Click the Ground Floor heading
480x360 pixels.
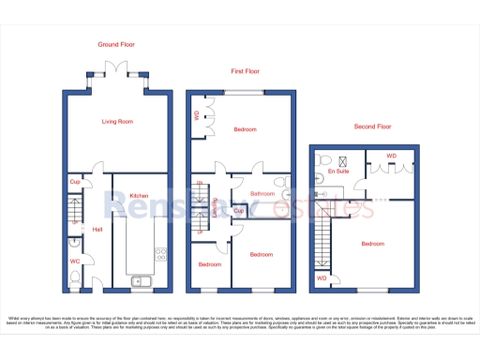tap(117, 44)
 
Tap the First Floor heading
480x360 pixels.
tap(246, 70)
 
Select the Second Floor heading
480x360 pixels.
tap(373, 127)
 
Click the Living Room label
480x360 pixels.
tap(117, 121)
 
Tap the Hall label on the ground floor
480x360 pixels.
tap(97, 228)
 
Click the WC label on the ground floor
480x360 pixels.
tap(74, 262)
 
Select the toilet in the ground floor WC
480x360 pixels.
tap(75, 277)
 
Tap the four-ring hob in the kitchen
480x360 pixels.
tap(160, 252)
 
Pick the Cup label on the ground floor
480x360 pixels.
tap(74, 182)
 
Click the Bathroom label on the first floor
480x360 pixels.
tap(262, 193)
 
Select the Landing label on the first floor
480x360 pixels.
tap(216, 208)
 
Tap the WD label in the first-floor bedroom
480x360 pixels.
tap(196, 116)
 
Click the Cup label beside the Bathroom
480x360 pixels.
tap(238, 211)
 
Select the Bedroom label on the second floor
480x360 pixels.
tap(372, 244)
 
